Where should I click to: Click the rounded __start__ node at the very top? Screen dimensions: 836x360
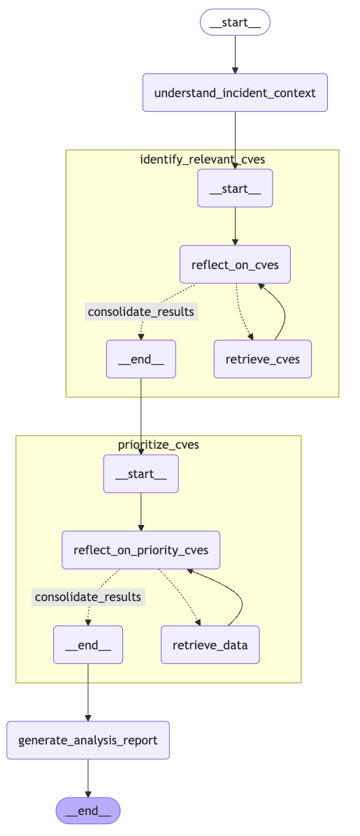(x=235, y=22)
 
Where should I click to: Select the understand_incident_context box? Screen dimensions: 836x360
(x=235, y=92)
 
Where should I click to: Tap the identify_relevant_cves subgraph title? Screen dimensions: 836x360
(x=202, y=159)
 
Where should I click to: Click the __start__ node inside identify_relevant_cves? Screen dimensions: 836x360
(x=235, y=188)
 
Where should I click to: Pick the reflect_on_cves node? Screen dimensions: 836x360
(x=235, y=264)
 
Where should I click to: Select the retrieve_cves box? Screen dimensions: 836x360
(x=262, y=359)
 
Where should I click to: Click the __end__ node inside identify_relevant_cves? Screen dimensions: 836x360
(x=141, y=359)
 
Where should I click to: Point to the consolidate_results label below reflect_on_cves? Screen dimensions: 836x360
(x=141, y=311)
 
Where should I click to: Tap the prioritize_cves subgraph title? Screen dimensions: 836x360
(x=158, y=445)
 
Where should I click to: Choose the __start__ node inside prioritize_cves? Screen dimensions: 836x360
(x=141, y=474)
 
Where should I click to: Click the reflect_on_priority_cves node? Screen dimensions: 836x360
(x=141, y=549)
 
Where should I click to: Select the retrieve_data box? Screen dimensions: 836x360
(x=210, y=644)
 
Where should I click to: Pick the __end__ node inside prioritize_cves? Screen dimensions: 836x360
(x=88, y=644)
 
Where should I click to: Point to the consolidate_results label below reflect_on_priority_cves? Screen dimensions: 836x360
(x=88, y=596)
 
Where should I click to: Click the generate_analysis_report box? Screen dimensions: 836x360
(x=88, y=740)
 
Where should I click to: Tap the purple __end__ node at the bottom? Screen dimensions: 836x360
(x=88, y=810)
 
